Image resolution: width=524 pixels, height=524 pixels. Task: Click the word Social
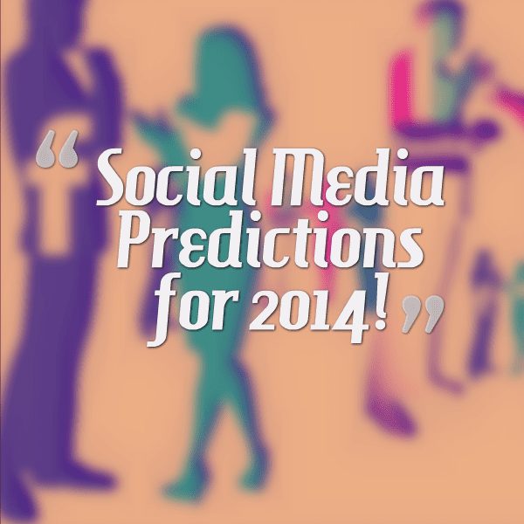tap(176, 176)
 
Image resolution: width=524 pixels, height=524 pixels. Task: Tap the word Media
tap(357, 176)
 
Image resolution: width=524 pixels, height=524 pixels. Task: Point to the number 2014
tap(307, 313)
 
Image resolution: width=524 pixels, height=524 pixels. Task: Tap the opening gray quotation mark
tap(57, 149)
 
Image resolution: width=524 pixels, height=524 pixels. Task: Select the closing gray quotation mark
tap(423, 314)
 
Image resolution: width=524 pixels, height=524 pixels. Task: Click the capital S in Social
tap(114, 176)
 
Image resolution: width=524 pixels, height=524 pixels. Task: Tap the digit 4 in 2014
tap(349, 316)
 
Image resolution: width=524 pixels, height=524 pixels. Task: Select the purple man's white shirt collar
tap(79, 67)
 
